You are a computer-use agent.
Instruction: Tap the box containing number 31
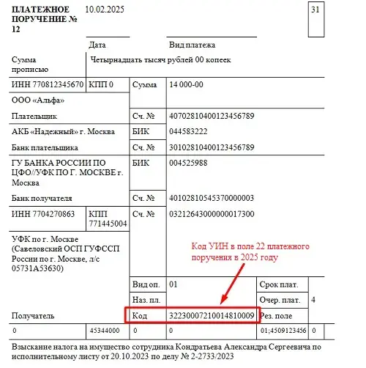tap(315, 10)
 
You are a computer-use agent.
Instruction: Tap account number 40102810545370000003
tap(211, 198)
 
